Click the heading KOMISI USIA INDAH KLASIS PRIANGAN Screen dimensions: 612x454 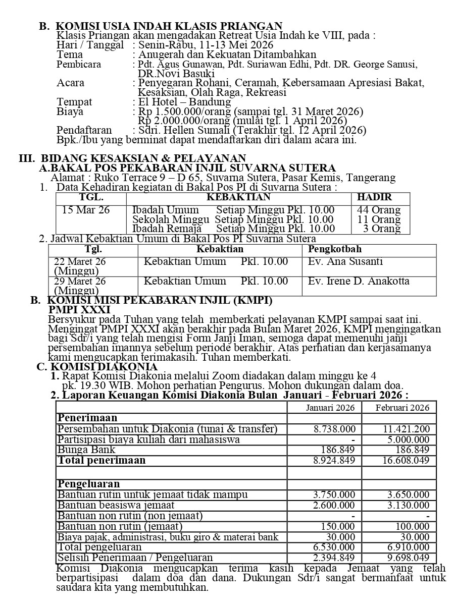tap(169, 26)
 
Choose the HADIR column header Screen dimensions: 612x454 tap(374, 197)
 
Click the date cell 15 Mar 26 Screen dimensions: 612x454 tap(86, 210)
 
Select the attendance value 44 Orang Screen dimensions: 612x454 tap(378, 210)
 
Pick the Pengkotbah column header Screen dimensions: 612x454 tap(335, 249)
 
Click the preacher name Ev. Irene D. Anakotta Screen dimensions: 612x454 tap(359, 281)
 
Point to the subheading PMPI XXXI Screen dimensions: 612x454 tap(79, 310)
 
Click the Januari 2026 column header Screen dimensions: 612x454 tap(331, 408)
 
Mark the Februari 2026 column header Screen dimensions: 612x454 tap(402, 408)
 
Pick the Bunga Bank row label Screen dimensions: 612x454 tap(86, 450)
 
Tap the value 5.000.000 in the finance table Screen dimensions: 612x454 tap(409, 439)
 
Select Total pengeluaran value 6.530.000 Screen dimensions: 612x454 tap(334, 547)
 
